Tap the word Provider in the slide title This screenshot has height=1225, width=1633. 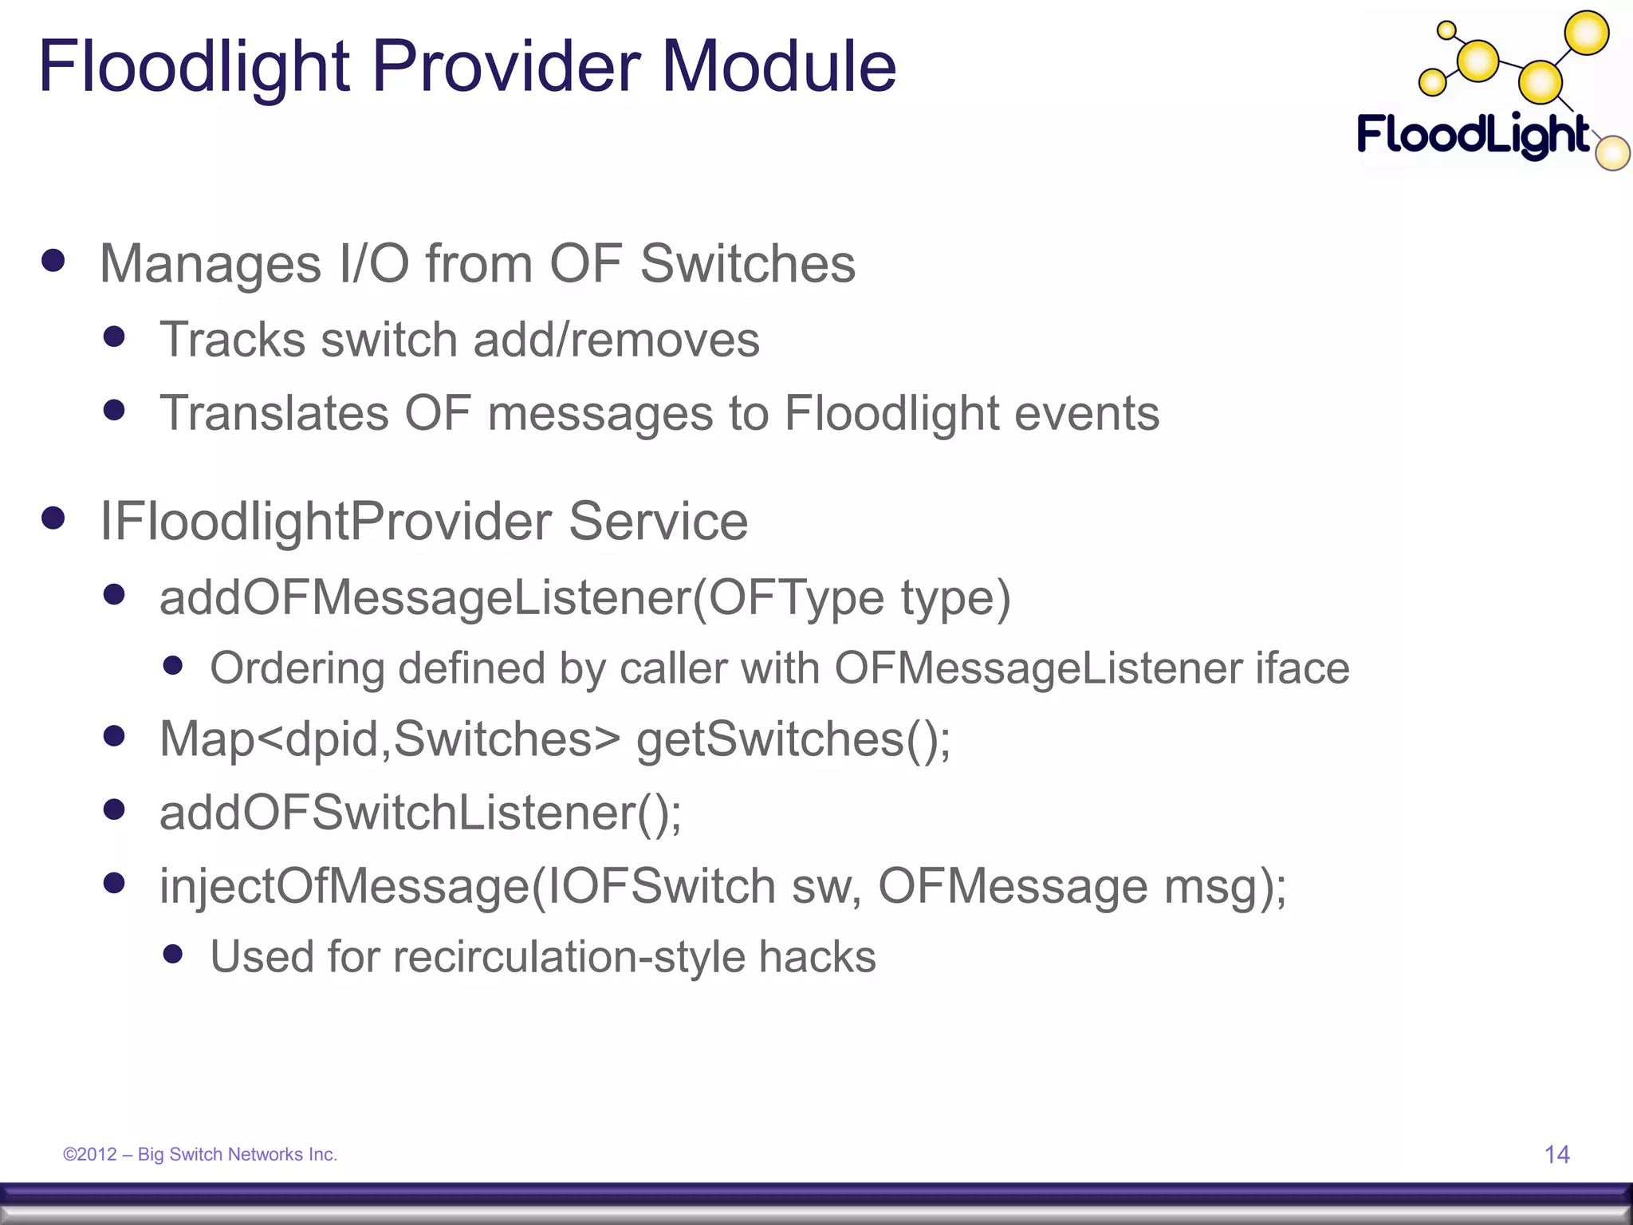pyautogui.click(x=506, y=67)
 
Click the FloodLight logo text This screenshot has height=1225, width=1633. pyautogui.click(x=1474, y=136)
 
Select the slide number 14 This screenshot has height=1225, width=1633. pyautogui.click(x=1556, y=1154)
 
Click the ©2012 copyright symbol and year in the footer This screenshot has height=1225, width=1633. pyautogui.click(x=90, y=1154)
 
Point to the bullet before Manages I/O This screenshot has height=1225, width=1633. pyautogui.click(x=53, y=261)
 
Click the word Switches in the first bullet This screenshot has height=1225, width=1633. pyautogui.click(x=748, y=264)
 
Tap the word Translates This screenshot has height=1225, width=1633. pyautogui.click(x=274, y=413)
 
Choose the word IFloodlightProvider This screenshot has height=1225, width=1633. pyautogui.click(x=325, y=522)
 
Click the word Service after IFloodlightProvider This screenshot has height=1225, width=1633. pyautogui.click(x=658, y=522)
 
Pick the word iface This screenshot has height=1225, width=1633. pyautogui.click(x=1302, y=668)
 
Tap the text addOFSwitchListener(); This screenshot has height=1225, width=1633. pyautogui.click(x=420, y=813)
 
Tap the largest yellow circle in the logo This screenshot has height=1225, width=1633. pyautogui.click(x=1587, y=33)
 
